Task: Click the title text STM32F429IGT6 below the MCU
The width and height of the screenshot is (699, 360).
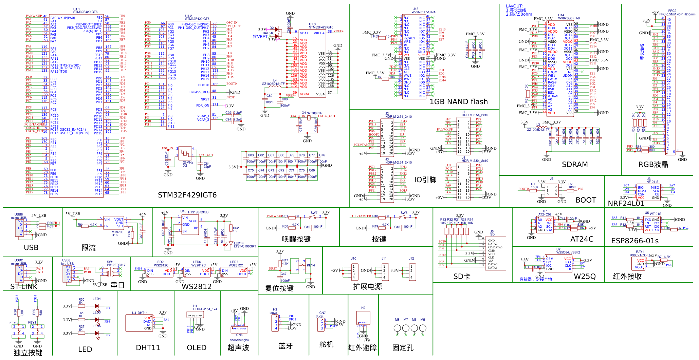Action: click(x=187, y=195)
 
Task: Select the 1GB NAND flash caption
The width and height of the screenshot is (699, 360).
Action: click(x=459, y=102)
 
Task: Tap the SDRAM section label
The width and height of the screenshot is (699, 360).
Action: click(x=575, y=165)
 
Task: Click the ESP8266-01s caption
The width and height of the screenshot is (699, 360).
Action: click(x=635, y=241)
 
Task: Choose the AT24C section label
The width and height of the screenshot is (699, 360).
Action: click(x=582, y=239)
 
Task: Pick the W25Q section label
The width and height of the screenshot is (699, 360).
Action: click(x=585, y=277)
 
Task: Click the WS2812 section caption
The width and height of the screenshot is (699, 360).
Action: click(x=197, y=287)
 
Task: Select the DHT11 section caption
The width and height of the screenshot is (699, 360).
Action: click(x=148, y=348)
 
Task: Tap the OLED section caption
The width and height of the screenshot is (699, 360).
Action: click(x=197, y=348)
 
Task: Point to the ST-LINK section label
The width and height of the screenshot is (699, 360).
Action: click(x=24, y=287)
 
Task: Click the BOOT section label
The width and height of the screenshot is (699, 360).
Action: click(x=586, y=200)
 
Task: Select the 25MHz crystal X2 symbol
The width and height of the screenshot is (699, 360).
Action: click(x=185, y=154)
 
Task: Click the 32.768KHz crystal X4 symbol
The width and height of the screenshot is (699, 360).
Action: click(x=309, y=118)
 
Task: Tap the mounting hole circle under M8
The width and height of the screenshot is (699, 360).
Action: click(x=397, y=328)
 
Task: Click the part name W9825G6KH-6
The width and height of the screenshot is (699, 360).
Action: click(x=569, y=18)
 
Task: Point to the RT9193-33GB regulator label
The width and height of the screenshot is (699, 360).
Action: click(x=198, y=212)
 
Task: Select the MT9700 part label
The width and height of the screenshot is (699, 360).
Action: click(x=117, y=232)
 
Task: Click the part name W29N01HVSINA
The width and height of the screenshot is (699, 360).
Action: click(x=423, y=12)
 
